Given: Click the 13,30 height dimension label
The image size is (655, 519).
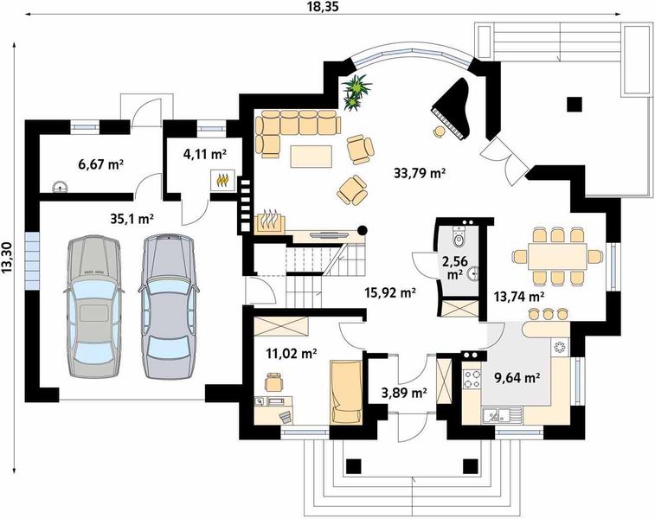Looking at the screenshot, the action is click(x=7, y=258).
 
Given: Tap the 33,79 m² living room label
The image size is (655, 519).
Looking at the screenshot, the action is click(x=419, y=172).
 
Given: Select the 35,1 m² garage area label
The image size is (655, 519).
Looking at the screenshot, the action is click(x=132, y=218).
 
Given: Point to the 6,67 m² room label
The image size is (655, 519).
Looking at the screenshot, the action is click(x=100, y=164).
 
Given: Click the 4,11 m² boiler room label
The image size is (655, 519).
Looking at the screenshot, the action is click(x=205, y=154).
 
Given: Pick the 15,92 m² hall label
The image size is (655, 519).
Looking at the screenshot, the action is click(x=389, y=292).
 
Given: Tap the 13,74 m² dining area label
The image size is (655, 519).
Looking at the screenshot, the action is click(x=518, y=297).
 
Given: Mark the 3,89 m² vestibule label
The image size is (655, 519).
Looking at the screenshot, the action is click(x=404, y=393).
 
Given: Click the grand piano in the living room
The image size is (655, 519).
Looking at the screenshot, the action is click(x=453, y=108).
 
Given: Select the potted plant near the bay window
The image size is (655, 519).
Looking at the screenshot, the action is click(x=356, y=92).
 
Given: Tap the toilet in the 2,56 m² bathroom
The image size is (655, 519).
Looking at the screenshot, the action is click(x=459, y=237).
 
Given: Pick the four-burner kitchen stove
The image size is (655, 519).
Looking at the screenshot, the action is click(x=472, y=380).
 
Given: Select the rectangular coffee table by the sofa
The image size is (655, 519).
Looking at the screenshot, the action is click(x=311, y=157).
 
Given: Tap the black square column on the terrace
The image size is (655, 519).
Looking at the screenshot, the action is click(x=575, y=105).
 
